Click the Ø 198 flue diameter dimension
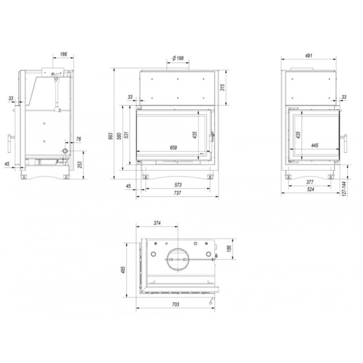tap(178, 58)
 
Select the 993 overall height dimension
tap(110, 136)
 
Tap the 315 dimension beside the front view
tap(222, 88)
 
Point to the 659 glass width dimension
tap(173, 147)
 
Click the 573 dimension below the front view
tap(178, 185)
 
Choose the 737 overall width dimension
tap(177, 193)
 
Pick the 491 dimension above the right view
tap(309, 55)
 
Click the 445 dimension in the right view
tap(314, 145)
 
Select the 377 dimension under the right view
tap(310, 182)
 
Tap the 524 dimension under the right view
tap(310, 189)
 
